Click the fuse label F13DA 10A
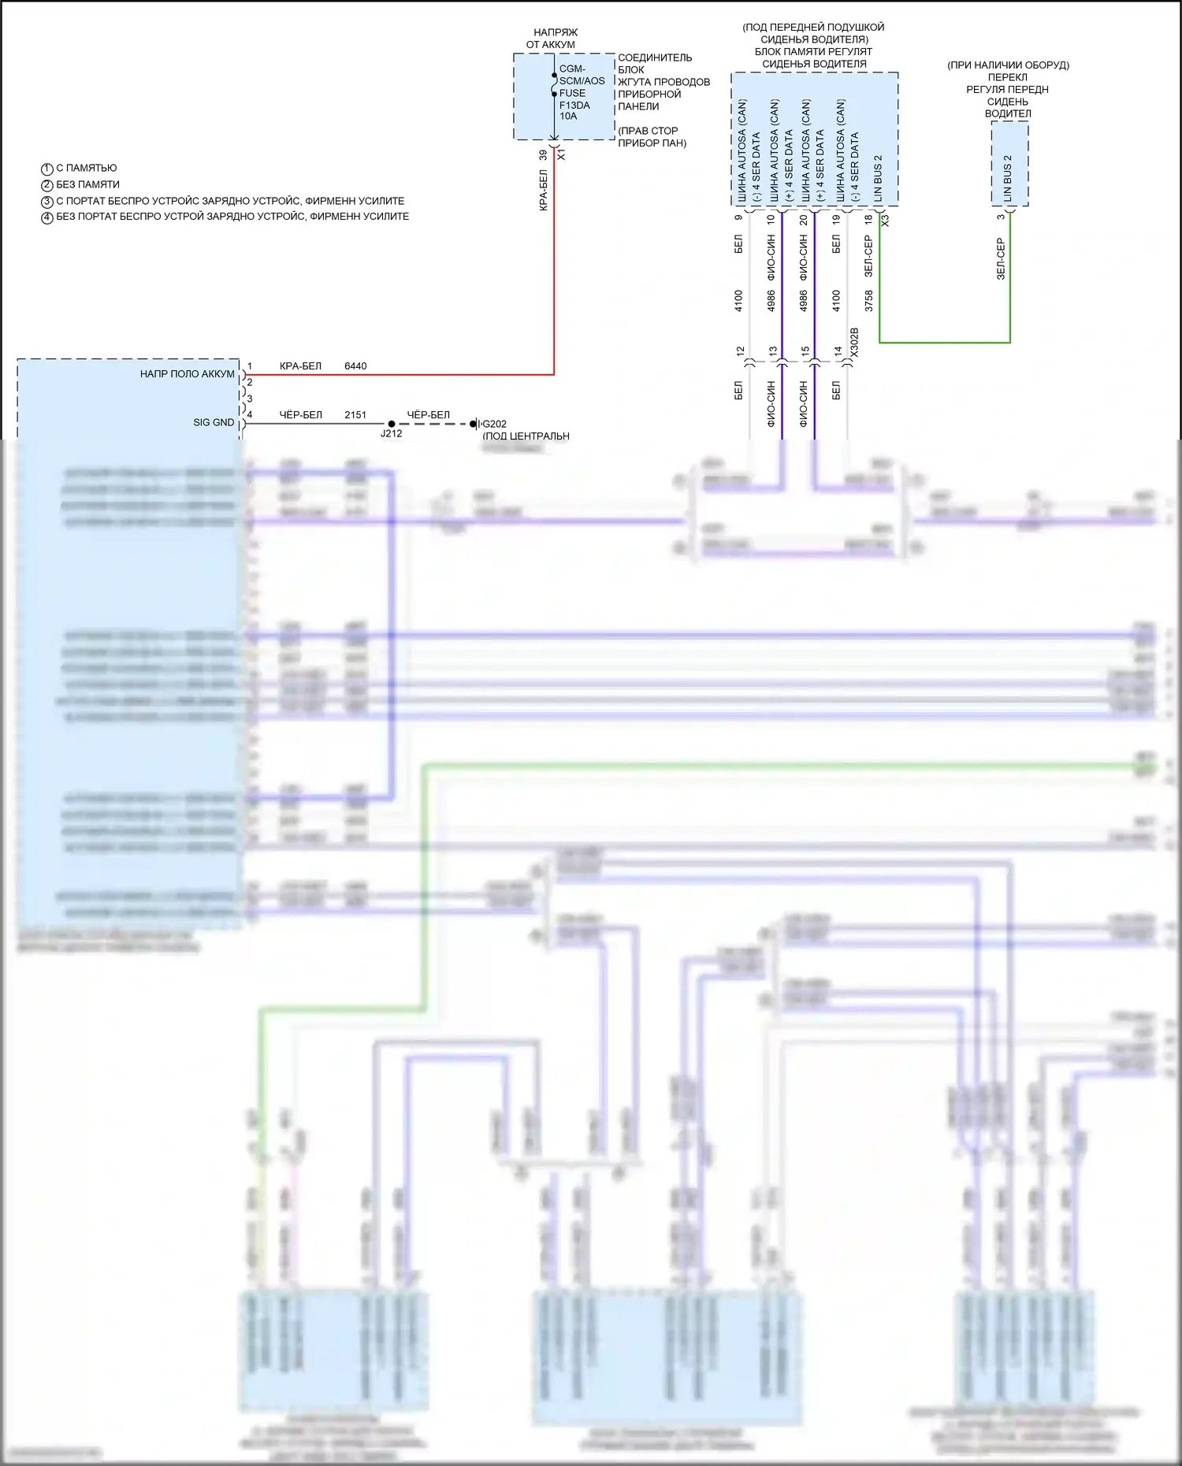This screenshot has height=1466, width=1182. click(x=574, y=110)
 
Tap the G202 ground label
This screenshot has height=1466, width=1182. click(x=494, y=424)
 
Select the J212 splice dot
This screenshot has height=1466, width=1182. click(x=392, y=424)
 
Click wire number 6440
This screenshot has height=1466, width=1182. click(x=355, y=366)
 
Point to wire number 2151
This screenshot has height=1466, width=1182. click(x=355, y=415)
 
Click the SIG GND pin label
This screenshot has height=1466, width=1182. click(x=214, y=423)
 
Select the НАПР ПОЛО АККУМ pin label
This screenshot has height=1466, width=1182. click(x=188, y=374)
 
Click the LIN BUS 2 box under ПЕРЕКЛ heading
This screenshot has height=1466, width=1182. click(x=1009, y=165)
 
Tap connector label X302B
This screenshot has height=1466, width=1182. click(x=854, y=343)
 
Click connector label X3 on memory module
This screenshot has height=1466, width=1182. click(x=885, y=221)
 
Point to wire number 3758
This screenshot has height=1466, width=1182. click(x=869, y=301)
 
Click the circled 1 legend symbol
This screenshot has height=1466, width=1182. click(x=46, y=169)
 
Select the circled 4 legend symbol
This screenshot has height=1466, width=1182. click(x=46, y=217)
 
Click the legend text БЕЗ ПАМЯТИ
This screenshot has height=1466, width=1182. click(x=87, y=184)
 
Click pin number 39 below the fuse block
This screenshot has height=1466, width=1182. click(x=543, y=156)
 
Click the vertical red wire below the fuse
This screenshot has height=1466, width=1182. click(x=554, y=260)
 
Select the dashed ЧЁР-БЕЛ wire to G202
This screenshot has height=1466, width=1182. click(x=433, y=424)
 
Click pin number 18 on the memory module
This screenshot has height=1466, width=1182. click(x=869, y=219)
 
